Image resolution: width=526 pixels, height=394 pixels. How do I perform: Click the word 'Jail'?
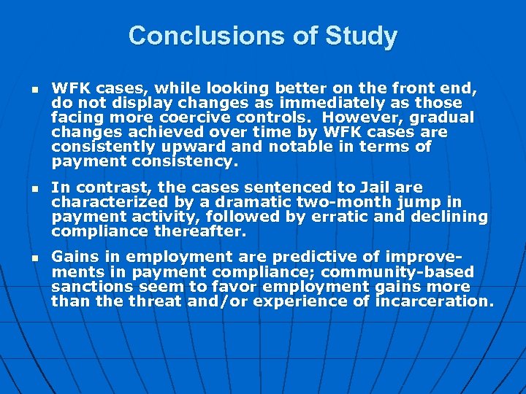point(381,188)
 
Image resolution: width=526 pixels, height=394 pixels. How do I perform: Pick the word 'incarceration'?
point(430,301)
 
